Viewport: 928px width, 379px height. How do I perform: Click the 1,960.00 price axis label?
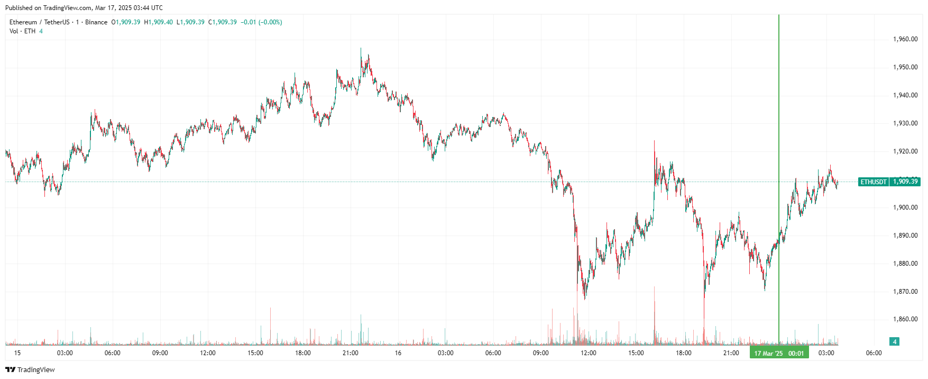[x=905, y=39]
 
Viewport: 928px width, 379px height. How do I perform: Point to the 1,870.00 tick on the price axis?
[x=905, y=292]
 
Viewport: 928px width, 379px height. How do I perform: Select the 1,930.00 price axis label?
[x=905, y=123]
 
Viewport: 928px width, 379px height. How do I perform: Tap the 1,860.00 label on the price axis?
[x=905, y=319]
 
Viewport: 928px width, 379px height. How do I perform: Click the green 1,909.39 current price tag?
[x=905, y=182]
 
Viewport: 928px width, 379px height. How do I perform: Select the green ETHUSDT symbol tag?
[x=873, y=182]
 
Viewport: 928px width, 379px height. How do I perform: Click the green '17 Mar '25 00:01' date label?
[x=779, y=353]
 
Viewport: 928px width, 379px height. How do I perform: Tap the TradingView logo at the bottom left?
[x=30, y=369]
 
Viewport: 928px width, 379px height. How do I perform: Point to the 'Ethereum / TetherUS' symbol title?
[x=39, y=22]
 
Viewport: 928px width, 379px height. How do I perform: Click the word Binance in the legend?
[x=96, y=22]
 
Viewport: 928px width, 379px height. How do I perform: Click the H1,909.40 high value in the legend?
[x=158, y=22]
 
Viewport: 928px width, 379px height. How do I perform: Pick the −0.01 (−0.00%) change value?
[x=261, y=22]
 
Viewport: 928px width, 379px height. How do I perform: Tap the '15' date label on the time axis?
[x=17, y=353]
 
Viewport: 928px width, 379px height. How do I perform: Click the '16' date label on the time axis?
[x=398, y=353]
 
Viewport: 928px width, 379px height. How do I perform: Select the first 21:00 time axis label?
[x=351, y=353]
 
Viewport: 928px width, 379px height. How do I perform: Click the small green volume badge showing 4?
[x=895, y=341]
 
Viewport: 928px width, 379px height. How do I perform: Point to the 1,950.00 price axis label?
[x=905, y=67]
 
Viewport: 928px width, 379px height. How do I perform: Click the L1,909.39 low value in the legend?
[x=190, y=22]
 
